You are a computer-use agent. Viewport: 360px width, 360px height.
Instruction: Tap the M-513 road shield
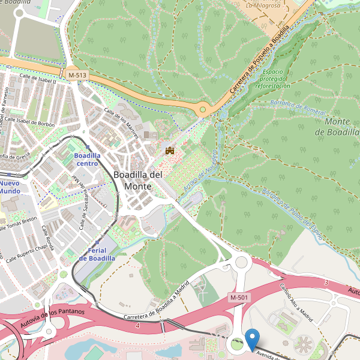(x=77, y=74)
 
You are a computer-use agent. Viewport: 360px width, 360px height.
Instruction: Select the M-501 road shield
(x=239, y=298)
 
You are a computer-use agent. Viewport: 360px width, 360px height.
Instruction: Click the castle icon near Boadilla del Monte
(x=170, y=150)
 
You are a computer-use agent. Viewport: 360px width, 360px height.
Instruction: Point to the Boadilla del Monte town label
(x=137, y=180)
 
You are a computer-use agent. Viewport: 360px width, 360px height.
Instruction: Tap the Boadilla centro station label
(x=86, y=159)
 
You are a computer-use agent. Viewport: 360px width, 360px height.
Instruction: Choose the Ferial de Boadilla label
(x=97, y=254)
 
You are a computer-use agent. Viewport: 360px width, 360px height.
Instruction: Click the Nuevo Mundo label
(x=10, y=187)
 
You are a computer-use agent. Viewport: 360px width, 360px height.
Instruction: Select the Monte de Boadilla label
(x=341, y=127)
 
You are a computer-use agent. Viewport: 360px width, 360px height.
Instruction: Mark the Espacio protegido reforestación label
(x=272, y=79)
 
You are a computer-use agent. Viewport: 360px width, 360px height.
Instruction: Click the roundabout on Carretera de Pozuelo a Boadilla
(x=203, y=110)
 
